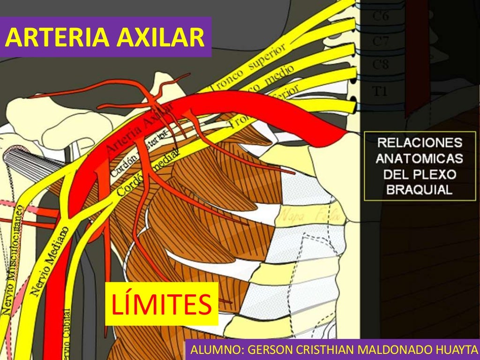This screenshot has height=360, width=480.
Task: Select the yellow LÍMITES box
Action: (162, 304)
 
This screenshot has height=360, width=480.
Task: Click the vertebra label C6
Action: (380, 17)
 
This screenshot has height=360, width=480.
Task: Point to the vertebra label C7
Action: (380, 41)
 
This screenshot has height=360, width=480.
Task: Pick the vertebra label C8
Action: (380, 65)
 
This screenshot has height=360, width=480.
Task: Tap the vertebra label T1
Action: (380, 91)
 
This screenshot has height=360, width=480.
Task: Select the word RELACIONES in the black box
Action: (420, 142)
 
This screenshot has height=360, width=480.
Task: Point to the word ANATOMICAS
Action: (419, 158)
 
